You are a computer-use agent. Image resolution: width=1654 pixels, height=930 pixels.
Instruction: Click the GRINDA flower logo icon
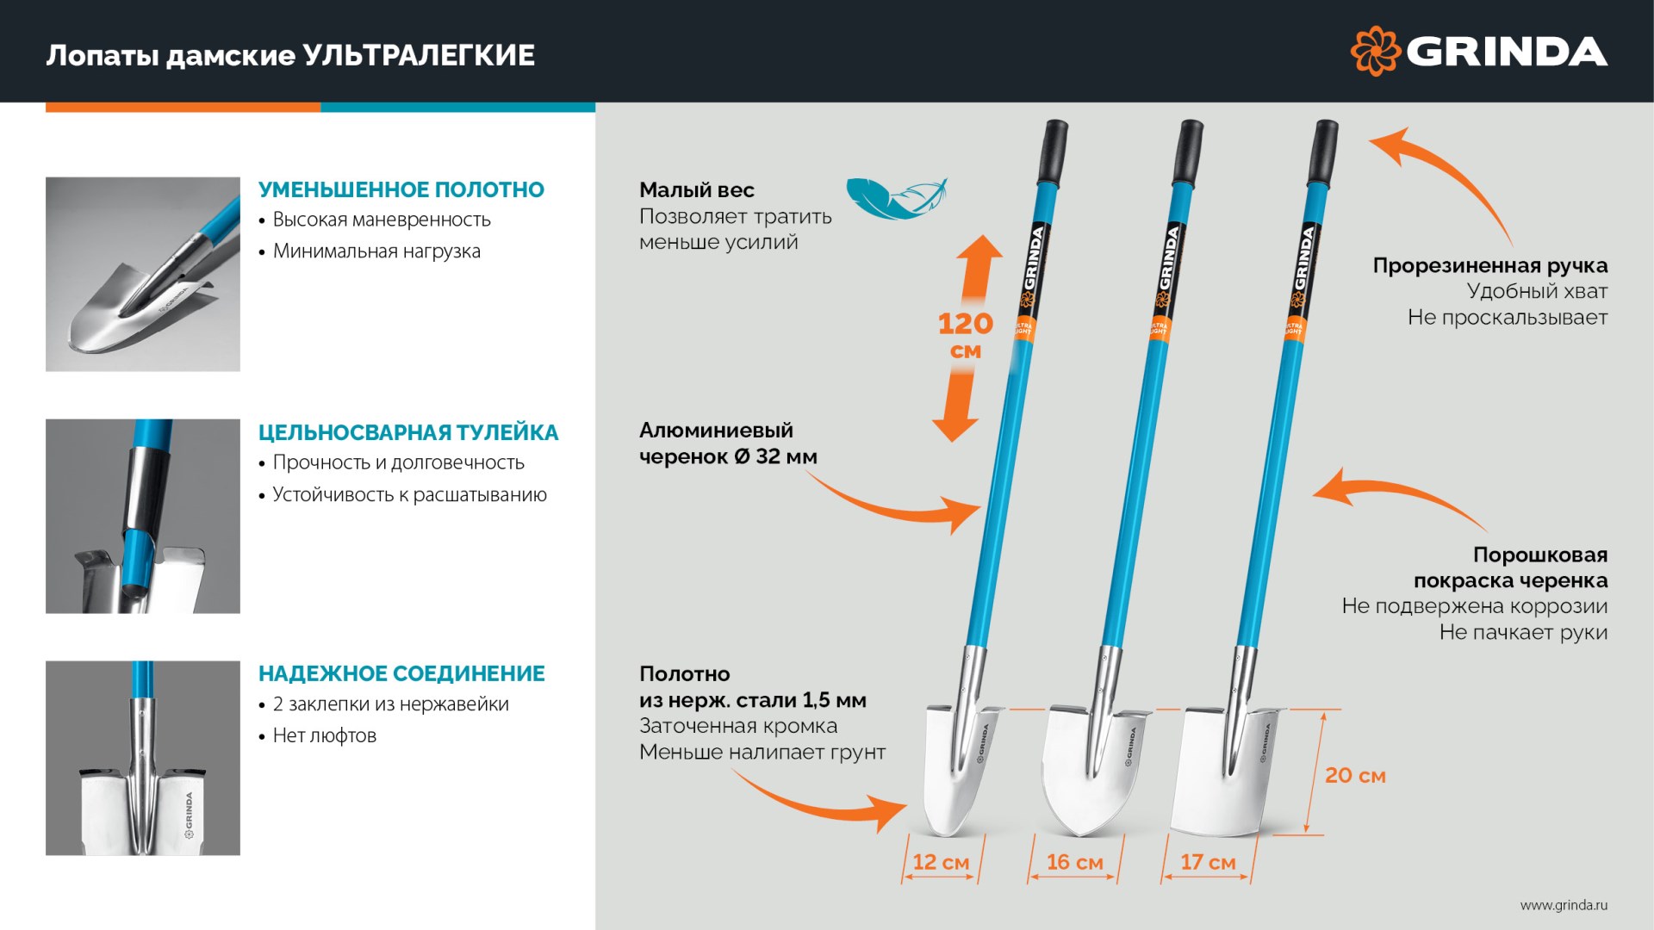coord(1375,52)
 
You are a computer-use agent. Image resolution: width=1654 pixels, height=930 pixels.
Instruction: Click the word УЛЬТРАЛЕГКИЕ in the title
coord(419,55)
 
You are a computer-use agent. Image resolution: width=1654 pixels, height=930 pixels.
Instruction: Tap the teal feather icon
coord(896,199)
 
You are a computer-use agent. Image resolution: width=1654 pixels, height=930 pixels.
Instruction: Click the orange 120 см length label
coord(965,335)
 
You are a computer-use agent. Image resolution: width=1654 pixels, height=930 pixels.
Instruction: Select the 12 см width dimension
coord(941,862)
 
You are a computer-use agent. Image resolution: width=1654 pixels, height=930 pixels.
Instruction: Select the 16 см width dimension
coord(1074,862)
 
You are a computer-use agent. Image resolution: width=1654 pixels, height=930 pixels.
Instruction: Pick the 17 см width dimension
coord(1208,862)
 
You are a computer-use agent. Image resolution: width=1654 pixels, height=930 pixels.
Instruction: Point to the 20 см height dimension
coord(1354,775)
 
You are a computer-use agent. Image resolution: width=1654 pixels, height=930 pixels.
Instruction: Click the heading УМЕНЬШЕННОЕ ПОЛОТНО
coord(401,189)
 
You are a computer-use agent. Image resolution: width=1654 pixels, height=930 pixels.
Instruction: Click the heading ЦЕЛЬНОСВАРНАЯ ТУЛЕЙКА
coord(408,432)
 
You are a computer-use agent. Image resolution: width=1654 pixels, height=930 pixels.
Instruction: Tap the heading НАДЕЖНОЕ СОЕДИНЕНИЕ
coord(401,673)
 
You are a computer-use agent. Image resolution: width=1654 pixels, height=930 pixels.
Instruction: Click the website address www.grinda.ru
coord(1564,905)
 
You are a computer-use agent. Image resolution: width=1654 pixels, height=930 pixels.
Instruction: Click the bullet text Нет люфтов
coord(325,735)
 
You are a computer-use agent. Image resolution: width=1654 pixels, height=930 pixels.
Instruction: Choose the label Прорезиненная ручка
coord(1489,265)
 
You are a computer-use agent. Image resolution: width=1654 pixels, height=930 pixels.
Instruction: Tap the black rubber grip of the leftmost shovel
coord(1054,152)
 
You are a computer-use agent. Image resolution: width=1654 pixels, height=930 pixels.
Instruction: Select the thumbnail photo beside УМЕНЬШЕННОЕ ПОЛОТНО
coord(143,274)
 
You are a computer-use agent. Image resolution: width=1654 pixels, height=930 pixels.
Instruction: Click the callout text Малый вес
coord(696,190)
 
